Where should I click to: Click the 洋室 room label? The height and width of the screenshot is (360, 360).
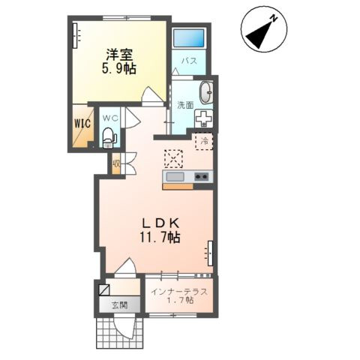coord(119,55)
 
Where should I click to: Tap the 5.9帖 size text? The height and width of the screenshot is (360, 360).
coord(118,68)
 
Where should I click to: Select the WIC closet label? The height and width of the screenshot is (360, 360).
coord(82,123)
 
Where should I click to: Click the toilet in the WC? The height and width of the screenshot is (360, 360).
coord(109,137)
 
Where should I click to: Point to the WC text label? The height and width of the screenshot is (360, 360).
coord(110,118)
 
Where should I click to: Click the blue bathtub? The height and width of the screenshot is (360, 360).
coord(189,38)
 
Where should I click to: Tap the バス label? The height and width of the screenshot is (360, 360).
coord(189,61)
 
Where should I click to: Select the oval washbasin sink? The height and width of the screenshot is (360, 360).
coord(206,93)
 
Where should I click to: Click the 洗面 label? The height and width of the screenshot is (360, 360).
coord(185,105)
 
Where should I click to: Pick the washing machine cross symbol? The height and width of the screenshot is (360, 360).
coord(204,118)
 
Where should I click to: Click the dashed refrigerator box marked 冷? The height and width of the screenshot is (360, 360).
coord(204,142)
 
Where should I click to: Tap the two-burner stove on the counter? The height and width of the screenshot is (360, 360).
coord(202,177)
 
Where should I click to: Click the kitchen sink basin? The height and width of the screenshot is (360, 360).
coord(175,177)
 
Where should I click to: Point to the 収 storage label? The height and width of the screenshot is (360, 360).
coord(116,164)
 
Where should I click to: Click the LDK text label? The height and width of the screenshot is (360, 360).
coord(160,223)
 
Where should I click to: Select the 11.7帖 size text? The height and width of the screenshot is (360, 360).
coord(160,237)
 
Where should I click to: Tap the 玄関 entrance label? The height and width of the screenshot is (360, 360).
coord(120,305)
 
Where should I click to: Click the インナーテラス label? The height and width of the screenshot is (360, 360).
coord(180,292)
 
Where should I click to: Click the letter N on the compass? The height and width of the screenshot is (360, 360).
coord(274,18)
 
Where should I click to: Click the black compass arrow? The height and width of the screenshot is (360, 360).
coord(259,35)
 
